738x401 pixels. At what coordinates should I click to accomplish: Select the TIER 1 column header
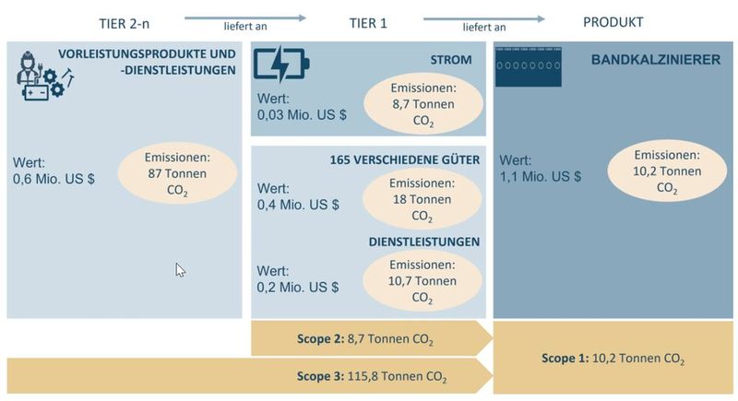[x=368, y=22]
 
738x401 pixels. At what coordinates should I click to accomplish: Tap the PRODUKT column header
[x=613, y=22]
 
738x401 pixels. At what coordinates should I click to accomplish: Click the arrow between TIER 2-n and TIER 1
[x=244, y=17]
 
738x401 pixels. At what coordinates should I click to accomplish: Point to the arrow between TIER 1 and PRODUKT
[x=483, y=17]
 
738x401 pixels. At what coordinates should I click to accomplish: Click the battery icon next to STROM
[x=281, y=64]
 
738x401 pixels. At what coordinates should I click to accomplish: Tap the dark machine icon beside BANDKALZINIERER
[x=528, y=67]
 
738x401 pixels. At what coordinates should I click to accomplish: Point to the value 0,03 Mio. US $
[x=303, y=116]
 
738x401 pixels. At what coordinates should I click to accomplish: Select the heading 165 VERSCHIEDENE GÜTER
[x=405, y=160]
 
